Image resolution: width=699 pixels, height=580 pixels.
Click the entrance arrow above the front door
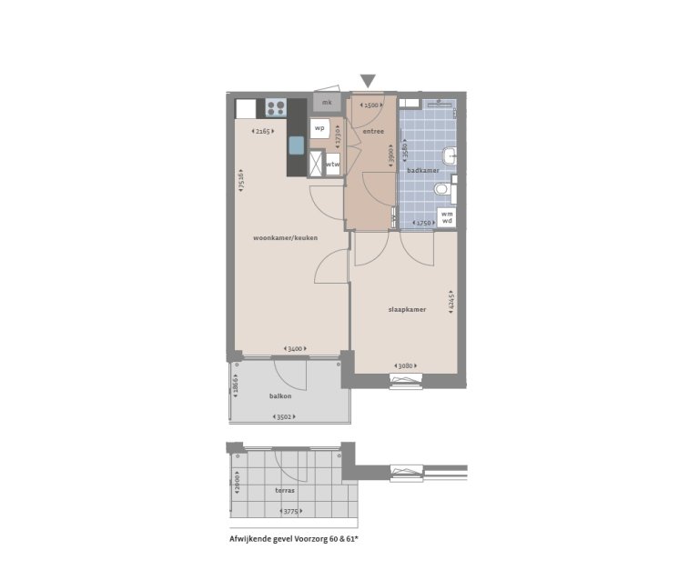pyautogui.click(x=368, y=82)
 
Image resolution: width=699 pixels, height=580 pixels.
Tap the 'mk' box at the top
pyautogui.click(x=327, y=103)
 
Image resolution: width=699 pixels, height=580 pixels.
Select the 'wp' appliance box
pyautogui.click(x=319, y=128)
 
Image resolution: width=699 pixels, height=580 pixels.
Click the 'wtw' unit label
pyautogui.click(x=332, y=164)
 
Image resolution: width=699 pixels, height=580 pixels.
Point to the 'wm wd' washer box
pyautogui.click(x=447, y=217)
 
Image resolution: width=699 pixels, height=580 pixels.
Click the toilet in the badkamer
pyautogui.click(x=443, y=189)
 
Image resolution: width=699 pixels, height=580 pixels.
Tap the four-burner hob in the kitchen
pyautogui.click(x=276, y=109)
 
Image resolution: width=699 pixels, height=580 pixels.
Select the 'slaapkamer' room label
pyautogui.click(x=407, y=309)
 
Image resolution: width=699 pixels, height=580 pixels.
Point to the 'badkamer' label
pyautogui.click(x=423, y=170)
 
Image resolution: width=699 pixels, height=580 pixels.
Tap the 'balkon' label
pyautogui.click(x=279, y=396)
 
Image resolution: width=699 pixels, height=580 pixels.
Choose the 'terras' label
pyautogui.click(x=285, y=491)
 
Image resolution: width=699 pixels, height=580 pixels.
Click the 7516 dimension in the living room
pyautogui.click(x=240, y=179)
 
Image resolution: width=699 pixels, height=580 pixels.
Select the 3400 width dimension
pyautogui.click(x=294, y=348)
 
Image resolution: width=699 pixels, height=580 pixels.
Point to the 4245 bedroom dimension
pyautogui.click(x=452, y=303)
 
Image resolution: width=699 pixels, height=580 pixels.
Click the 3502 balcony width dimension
pyautogui.click(x=288, y=416)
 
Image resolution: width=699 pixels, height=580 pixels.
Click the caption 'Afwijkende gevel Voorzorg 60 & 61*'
pyautogui.click(x=294, y=539)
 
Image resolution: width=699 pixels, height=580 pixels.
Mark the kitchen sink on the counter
pyautogui.click(x=297, y=146)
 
